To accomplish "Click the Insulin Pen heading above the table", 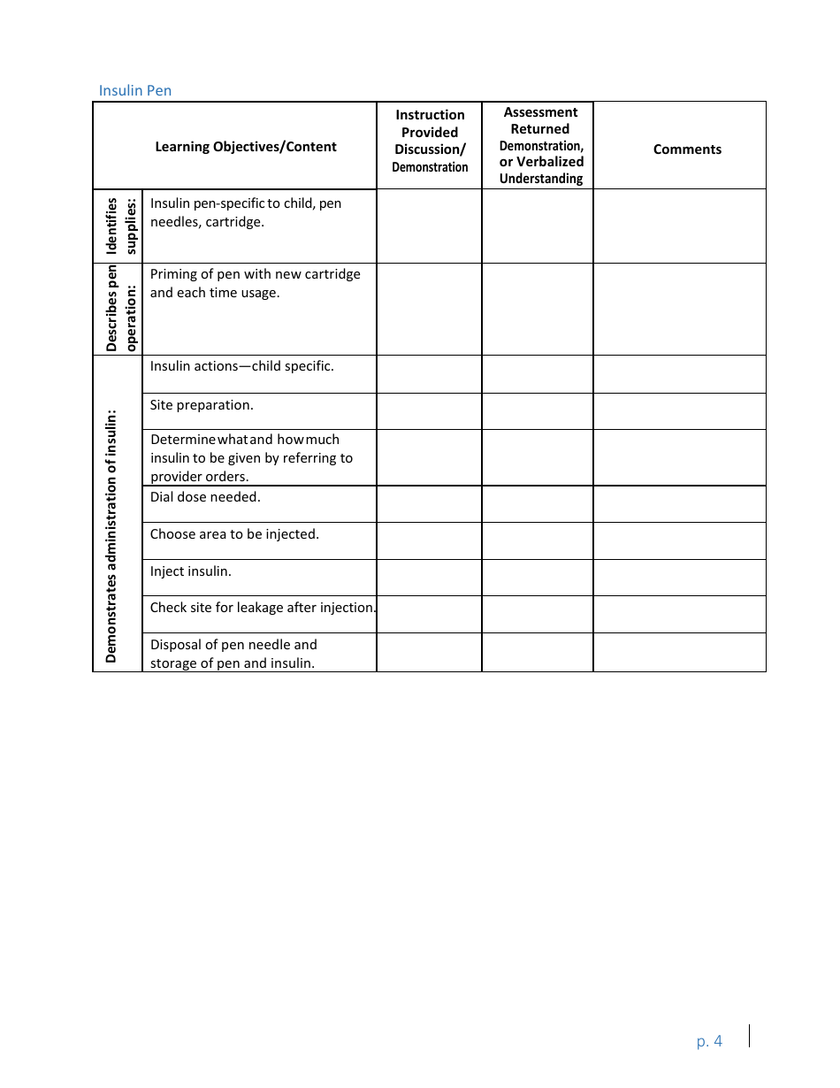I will [x=134, y=90].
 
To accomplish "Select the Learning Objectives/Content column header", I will [x=245, y=147].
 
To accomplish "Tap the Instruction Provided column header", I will [x=430, y=141].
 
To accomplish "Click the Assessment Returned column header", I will [x=540, y=145].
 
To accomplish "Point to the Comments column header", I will [x=687, y=149].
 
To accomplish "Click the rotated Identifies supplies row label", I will [x=118, y=226].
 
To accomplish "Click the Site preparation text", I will [x=202, y=405].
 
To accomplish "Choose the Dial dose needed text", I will [x=205, y=497].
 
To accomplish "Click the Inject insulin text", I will [x=190, y=571].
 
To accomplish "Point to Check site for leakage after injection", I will [x=263, y=608].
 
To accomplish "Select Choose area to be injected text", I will [x=234, y=534].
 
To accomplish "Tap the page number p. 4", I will [x=709, y=1041].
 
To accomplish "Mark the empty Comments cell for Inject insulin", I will [x=679, y=577].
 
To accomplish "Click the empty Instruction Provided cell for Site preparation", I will [x=429, y=411].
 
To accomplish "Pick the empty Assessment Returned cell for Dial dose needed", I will [x=537, y=503].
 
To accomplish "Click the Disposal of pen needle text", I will [x=233, y=645].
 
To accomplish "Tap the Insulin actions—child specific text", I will [x=241, y=366].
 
